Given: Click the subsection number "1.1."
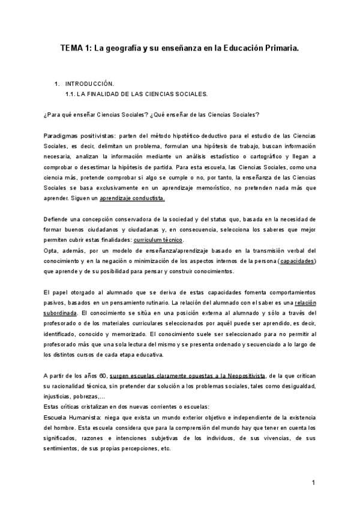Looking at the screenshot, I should click(70, 94).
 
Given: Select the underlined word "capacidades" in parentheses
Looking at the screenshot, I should click(298, 261).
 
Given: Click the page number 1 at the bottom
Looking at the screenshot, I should click(314, 483).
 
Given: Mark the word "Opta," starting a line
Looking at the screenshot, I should click(52, 250).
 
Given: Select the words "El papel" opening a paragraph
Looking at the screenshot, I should click(56, 292).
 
